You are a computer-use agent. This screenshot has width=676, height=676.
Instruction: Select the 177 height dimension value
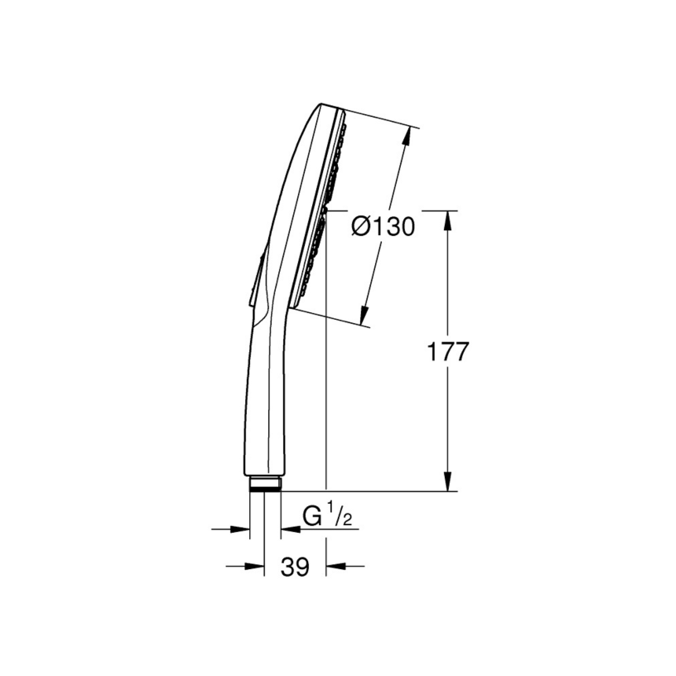tap(447, 351)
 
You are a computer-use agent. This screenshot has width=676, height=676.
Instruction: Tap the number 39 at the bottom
tap(296, 566)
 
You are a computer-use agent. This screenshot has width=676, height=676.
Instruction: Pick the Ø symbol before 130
tap(360, 227)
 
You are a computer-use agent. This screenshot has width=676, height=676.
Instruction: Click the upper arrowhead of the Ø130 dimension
tap(406, 138)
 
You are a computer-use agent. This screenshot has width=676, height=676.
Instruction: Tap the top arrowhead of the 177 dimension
tap(448, 222)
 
